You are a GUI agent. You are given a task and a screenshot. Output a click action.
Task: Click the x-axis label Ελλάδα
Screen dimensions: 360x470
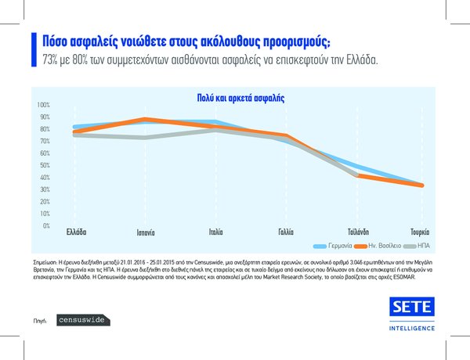pos(75,232)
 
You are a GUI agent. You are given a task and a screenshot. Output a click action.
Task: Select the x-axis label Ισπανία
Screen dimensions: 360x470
pos(146,232)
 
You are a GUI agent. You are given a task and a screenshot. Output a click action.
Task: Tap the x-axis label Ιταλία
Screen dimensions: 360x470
pos(215,232)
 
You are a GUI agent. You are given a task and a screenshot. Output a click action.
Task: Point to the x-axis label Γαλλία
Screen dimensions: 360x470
pos(285,232)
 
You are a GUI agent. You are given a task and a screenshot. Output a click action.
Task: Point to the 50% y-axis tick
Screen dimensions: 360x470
pos(45,165)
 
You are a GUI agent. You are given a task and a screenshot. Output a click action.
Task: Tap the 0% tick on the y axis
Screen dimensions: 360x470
pos(46,226)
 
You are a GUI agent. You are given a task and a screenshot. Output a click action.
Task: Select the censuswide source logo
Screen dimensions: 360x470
pos(83,320)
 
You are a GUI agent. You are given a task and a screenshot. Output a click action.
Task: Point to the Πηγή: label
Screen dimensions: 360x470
pos(42,321)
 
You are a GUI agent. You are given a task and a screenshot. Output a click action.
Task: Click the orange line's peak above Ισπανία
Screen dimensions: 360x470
pos(146,119)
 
